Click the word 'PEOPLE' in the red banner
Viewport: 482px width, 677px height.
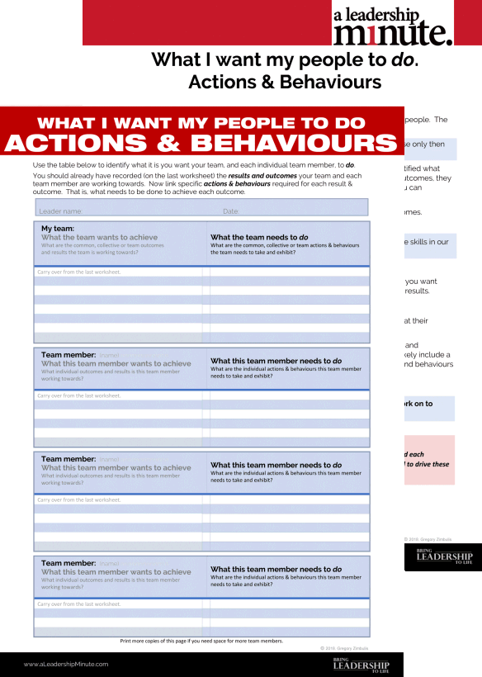[x=265, y=123]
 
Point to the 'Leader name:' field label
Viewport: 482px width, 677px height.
[x=61, y=211]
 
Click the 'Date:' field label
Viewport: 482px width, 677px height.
[x=231, y=211]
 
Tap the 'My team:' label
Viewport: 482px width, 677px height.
[x=59, y=228]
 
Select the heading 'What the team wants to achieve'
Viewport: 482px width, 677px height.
[x=101, y=237]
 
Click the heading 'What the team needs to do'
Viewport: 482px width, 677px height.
[x=259, y=237]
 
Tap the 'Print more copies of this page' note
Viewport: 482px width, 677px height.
[x=201, y=641]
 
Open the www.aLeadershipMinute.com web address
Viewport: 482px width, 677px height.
[x=66, y=664]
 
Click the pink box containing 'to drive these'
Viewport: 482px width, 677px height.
[x=428, y=459]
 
